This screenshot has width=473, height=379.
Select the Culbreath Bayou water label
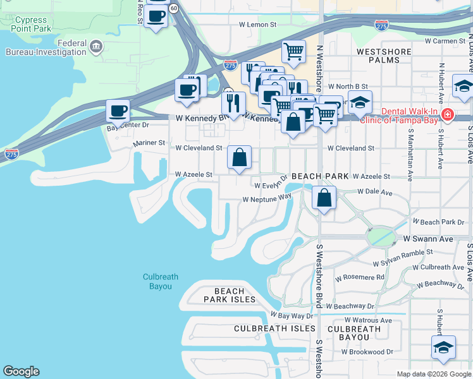pos(157,282)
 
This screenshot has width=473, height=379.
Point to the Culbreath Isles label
pos(274,328)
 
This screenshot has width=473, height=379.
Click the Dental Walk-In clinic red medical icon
pos(448,114)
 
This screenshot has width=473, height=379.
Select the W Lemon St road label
pos(258,25)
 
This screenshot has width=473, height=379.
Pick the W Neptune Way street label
pos(267,198)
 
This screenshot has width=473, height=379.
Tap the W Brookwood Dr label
pos(367,352)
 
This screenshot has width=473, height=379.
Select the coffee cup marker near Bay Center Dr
pos(118,112)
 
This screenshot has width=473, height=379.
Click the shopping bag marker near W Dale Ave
pos(324,198)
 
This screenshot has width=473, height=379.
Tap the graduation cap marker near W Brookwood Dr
pos(443,347)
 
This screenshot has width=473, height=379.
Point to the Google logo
pos(21,372)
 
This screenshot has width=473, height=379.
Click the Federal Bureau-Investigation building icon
pos(96,45)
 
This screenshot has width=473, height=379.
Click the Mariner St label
pos(149,143)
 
